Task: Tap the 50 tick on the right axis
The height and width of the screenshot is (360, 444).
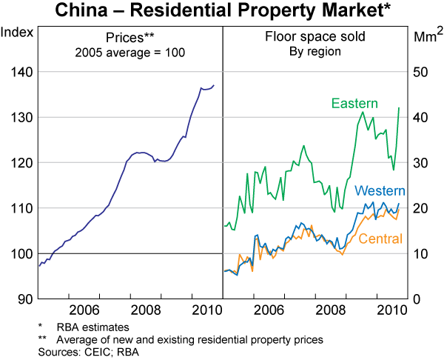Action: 420,72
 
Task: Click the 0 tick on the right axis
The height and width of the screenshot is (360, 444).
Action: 417,299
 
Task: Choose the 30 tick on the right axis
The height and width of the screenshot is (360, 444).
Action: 420,162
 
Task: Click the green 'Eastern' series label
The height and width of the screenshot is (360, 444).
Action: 355,103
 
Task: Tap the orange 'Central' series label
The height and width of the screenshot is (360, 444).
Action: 380,239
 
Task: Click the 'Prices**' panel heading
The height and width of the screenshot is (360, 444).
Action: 129,38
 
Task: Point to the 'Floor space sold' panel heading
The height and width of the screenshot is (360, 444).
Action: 314,38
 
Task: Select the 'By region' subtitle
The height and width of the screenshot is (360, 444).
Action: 314,52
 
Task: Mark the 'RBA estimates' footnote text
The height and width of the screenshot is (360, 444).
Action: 88,326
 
